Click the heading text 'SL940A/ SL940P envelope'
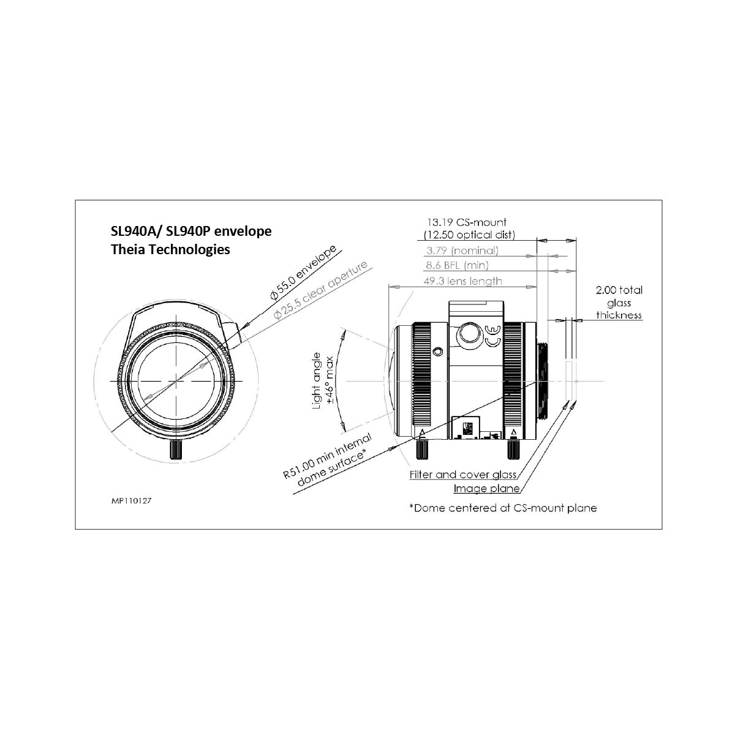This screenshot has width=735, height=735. tap(191, 231)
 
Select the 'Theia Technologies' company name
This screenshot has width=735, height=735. tap(170, 249)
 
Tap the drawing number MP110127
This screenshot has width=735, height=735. tap(131, 501)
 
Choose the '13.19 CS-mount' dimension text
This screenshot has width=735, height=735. tap(467, 222)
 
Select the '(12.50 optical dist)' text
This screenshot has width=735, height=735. tap(470, 235)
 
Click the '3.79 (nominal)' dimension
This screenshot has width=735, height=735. tap(462, 251)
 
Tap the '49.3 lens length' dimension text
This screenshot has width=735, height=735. tap(462, 281)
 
